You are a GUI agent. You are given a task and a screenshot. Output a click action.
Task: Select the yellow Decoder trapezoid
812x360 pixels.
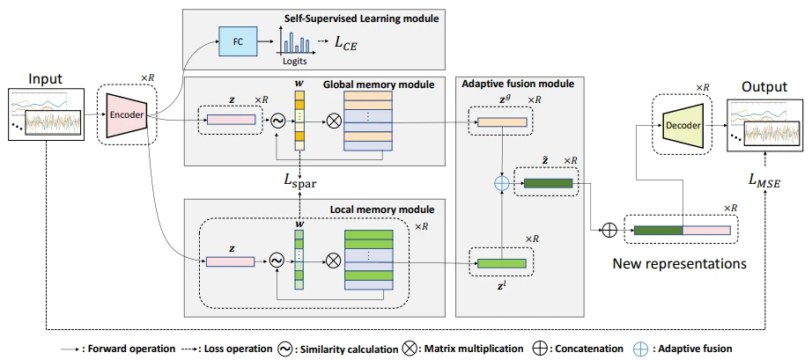pyautogui.click(x=683, y=125)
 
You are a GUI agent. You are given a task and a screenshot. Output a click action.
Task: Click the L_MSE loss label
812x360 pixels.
pyautogui.click(x=766, y=181)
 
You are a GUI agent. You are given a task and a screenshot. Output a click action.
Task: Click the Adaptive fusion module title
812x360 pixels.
pyautogui.click(x=517, y=83)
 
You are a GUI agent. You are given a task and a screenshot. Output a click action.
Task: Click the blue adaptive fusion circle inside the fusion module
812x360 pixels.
pyautogui.click(x=502, y=184)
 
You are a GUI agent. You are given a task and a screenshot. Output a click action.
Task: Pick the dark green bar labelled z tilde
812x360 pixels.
pyautogui.click(x=548, y=183)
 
